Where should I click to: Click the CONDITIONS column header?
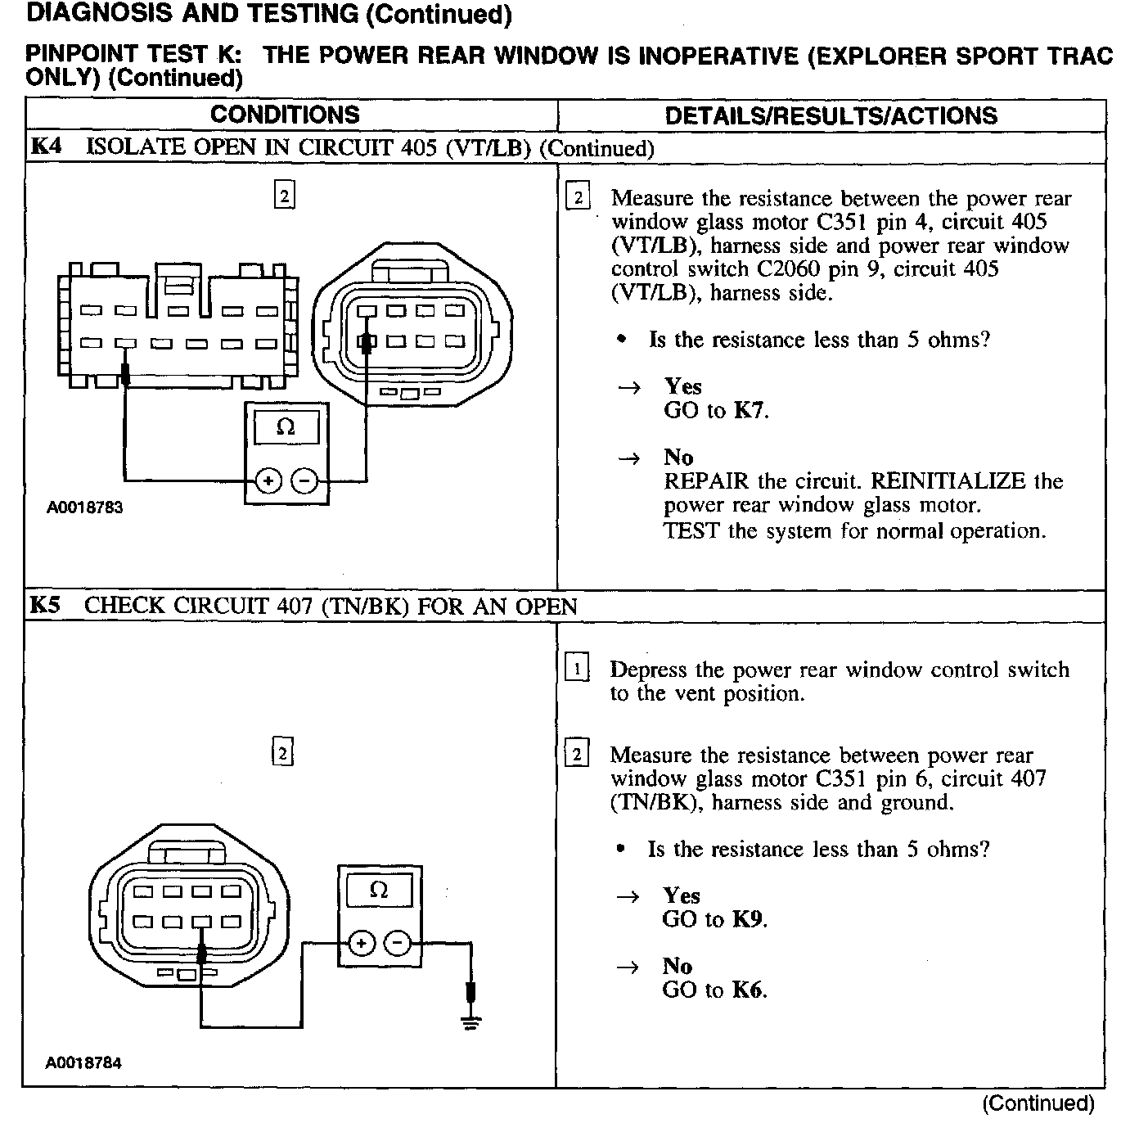[x=285, y=115]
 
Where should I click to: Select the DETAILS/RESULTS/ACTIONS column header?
[x=831, y=115]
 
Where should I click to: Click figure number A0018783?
[x=84, y=507]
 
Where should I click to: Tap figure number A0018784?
[x=83, y=1063]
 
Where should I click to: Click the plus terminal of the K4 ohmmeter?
[x=268, y=481]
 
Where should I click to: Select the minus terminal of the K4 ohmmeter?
[x=304, y=481]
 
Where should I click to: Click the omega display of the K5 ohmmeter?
[x=379, y=891]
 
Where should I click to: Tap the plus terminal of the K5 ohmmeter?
[x=360, y=944]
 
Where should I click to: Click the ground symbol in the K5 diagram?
[x=470, y=1021]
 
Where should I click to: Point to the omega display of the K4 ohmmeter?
[x=286, y=427]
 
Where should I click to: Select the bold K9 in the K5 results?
[x=747, y=919]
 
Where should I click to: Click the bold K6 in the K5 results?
[x=747, y=990]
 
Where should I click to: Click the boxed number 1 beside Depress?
[x=577, y=670]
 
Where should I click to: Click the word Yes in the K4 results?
[x=683, y=386]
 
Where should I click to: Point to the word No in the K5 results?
[x=678, y=967]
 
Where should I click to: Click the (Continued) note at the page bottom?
[x=1038, y=1104]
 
